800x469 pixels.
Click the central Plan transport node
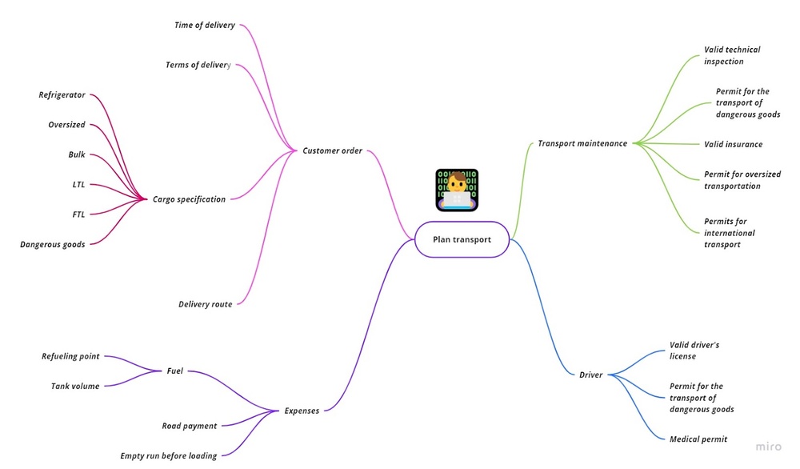coord(462,239)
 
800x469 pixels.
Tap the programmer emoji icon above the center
coord(457,190)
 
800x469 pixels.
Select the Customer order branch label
coord(332,150)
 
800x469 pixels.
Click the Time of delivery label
coord(205,26)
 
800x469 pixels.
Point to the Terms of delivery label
coord(198,65)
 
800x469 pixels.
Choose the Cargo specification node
coord(189,199)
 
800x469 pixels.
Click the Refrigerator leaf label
coord(62,95)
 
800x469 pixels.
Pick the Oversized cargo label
coord(66,125)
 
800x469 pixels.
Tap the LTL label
coord(78,185)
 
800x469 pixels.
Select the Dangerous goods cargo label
coord(53,244)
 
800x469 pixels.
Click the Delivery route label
coord(205,304)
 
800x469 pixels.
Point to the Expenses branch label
coord(302,411)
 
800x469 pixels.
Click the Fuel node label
coord(174,371)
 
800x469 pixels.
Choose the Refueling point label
coord(70,356)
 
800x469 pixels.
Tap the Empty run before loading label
coord(168,456)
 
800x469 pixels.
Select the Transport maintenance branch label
coord(582,144)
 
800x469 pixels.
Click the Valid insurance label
coord(733,144)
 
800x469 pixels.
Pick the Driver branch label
coord(590,375)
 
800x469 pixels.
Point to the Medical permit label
coord(698,439)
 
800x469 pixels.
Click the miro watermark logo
coord(769,447)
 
